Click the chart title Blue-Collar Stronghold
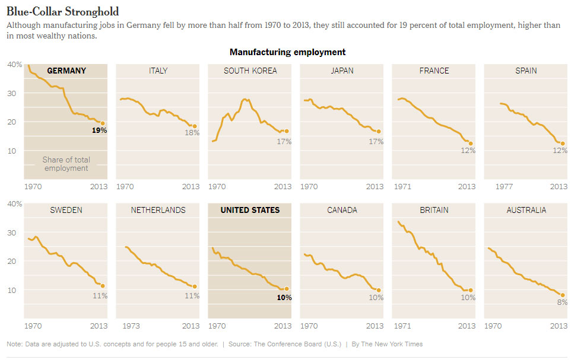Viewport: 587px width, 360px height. coord(62,11)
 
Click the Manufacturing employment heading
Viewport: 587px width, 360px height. coord(287,52)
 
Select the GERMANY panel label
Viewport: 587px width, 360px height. coord(66,71)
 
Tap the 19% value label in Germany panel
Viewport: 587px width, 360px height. coord(99,130)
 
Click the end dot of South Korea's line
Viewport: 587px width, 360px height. coord(287,131)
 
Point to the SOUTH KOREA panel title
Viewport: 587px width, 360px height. coord(250,71)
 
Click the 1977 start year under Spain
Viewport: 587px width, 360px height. coord(504,187)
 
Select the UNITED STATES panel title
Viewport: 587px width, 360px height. coord(250,210)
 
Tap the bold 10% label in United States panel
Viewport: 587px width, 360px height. coord(284,297)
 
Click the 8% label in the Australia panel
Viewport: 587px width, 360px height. coord(561,302)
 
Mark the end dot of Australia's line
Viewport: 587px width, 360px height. coord(563,295)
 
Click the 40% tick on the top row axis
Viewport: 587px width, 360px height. coord(14,64)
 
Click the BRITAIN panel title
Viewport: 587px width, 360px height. coord(434,210)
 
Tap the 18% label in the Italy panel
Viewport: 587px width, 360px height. coord(192,133)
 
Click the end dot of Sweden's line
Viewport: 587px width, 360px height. coord(103,286)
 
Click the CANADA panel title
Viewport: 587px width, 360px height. coord(342,210)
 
